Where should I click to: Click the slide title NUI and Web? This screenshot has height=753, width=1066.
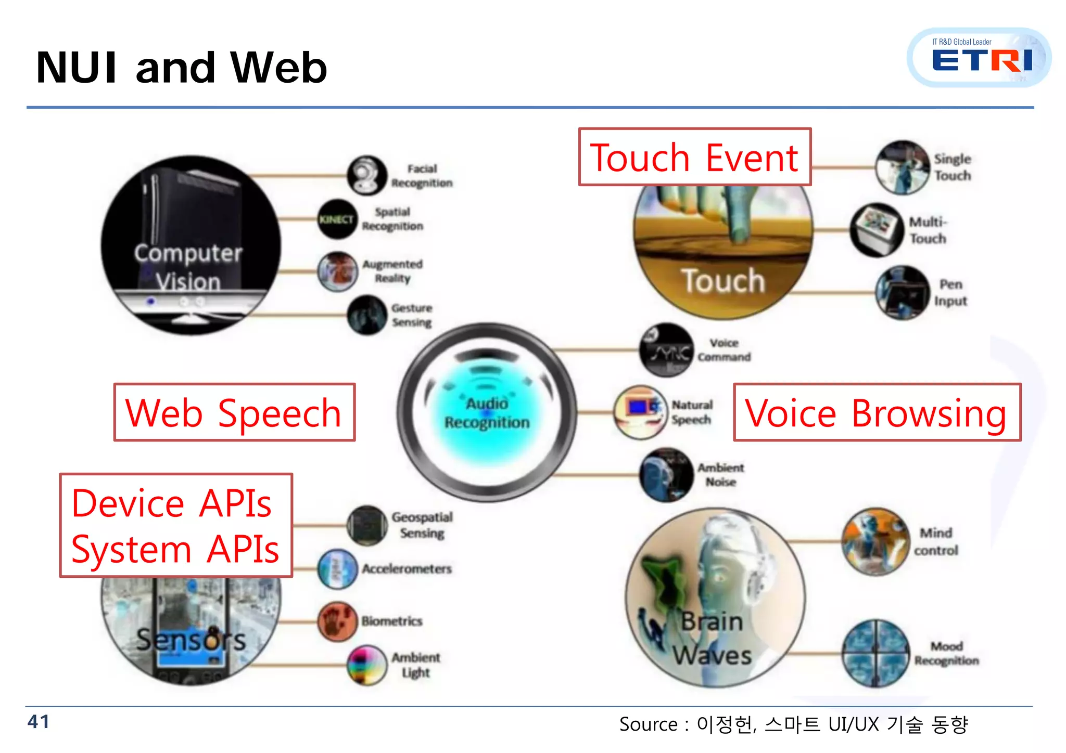click(x=181, y=68)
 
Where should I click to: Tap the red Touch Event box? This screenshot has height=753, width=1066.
click(x=694, y=157)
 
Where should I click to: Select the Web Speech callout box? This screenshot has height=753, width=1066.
click(x=234, y=413)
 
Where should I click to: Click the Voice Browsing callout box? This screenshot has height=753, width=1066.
click(x=877, y=413)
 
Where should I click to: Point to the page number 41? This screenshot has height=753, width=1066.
click(x=39, y=722)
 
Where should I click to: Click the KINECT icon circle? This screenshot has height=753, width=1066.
click(x=337, y=219)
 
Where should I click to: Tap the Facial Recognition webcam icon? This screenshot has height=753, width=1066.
click(x=367, y=175)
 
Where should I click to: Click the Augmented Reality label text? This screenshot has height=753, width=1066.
click(x=392, y=271)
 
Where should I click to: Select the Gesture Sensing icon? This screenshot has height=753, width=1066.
click(x=367, y=315)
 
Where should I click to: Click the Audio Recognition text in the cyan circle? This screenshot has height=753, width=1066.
click(x=487, y=413)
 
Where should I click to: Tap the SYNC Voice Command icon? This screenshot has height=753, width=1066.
click(x=666, y=350)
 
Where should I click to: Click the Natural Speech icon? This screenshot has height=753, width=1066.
click(x=640, y=412)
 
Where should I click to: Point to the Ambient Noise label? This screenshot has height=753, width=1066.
click(x=720, y=474)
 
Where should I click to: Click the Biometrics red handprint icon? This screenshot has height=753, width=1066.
click(x=338, y=621)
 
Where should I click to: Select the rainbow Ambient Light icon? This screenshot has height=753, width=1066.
click(x=367, y=665)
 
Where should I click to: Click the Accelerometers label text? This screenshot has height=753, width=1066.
click(x=407, y=569)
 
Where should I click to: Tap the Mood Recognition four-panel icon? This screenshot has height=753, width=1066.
click(x=875, y=653)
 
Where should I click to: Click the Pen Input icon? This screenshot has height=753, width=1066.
click(x=902, y=293)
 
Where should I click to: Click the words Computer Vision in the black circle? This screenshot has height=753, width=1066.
click(x=188, y=267)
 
